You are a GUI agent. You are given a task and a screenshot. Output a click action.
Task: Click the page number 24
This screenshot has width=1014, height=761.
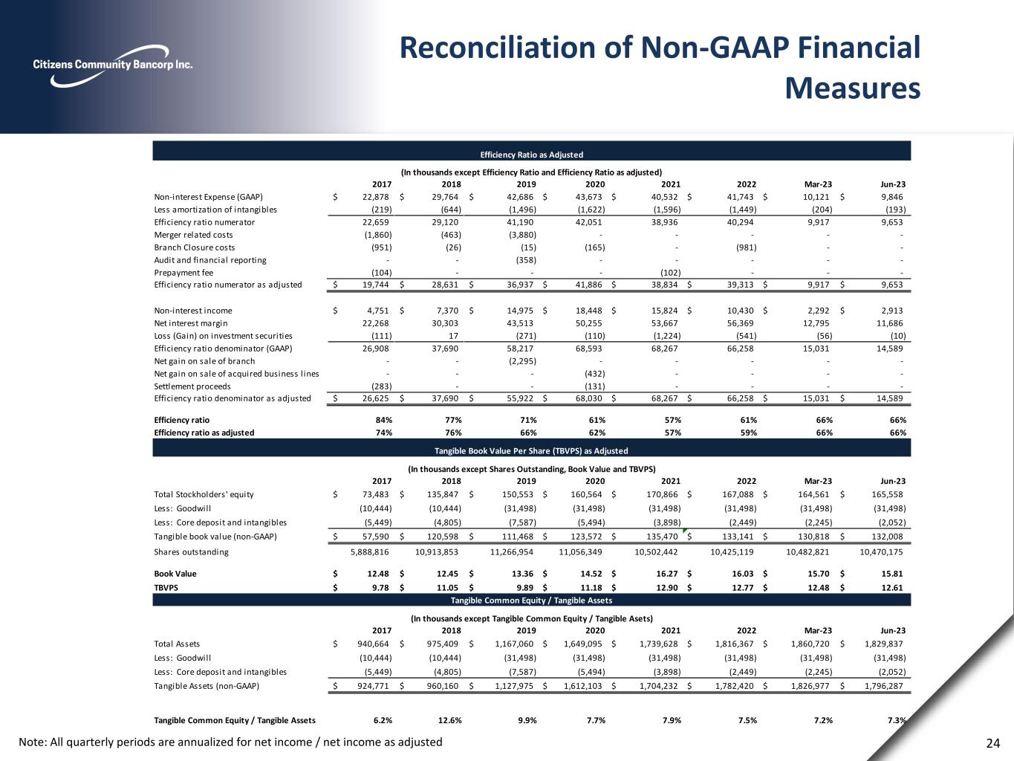tap(993, 742)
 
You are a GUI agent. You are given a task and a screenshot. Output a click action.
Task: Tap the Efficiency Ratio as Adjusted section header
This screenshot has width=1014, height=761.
tap(531, 155)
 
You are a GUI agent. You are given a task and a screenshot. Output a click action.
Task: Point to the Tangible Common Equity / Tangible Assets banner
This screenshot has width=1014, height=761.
tap(531, 600)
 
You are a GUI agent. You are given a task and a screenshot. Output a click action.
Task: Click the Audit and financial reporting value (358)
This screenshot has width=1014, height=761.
tap(525, 260)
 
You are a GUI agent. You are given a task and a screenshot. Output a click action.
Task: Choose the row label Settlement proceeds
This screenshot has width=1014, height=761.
tap(192, 386)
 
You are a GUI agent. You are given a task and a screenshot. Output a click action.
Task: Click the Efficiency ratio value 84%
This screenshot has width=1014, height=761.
tap(383, 420)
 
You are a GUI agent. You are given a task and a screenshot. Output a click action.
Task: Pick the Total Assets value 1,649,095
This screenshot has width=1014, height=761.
tap(581, 644)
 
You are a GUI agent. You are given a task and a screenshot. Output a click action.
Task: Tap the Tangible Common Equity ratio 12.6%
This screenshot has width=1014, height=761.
tap(451, 720)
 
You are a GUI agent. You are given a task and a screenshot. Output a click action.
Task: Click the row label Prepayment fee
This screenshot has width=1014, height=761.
tap(183, 273)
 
